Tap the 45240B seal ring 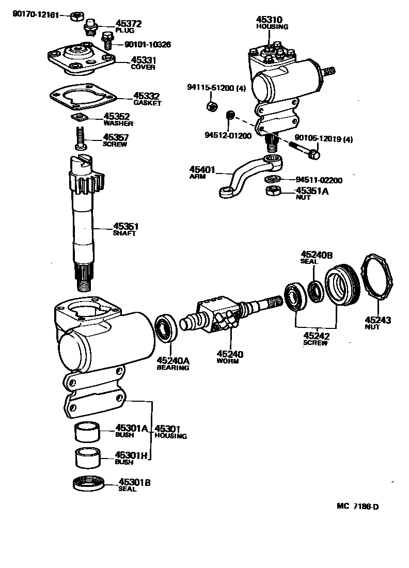315,291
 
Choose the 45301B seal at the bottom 88,484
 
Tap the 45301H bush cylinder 87,457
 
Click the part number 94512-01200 227,136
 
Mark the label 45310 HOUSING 272,23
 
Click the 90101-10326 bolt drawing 107,41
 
